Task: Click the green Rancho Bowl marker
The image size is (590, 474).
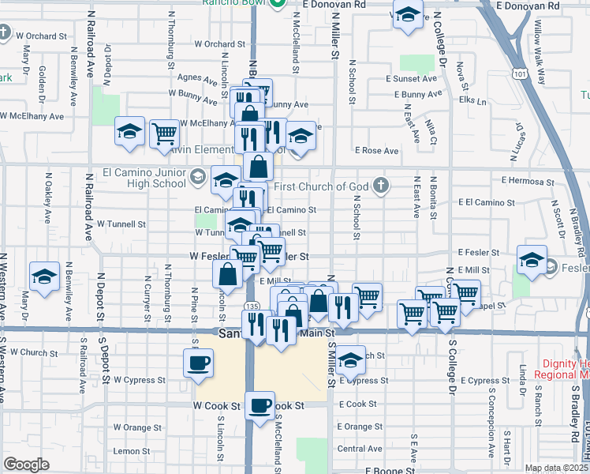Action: (277, 3)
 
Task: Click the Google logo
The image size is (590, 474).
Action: (26, 465)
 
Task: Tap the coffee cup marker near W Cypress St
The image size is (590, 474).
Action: (197, 363)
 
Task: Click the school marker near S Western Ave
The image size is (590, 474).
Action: (45, 276)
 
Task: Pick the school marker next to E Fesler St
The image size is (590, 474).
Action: (532, 259)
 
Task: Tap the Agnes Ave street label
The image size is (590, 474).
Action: (197, 79)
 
